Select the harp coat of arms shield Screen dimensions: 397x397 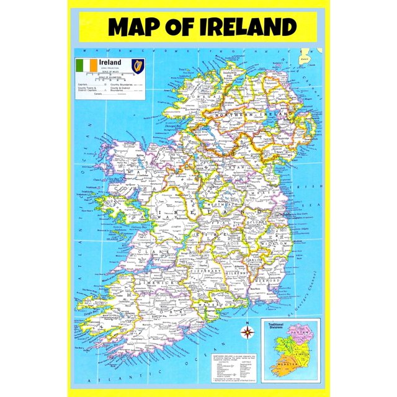138,65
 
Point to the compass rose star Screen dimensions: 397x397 248,330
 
